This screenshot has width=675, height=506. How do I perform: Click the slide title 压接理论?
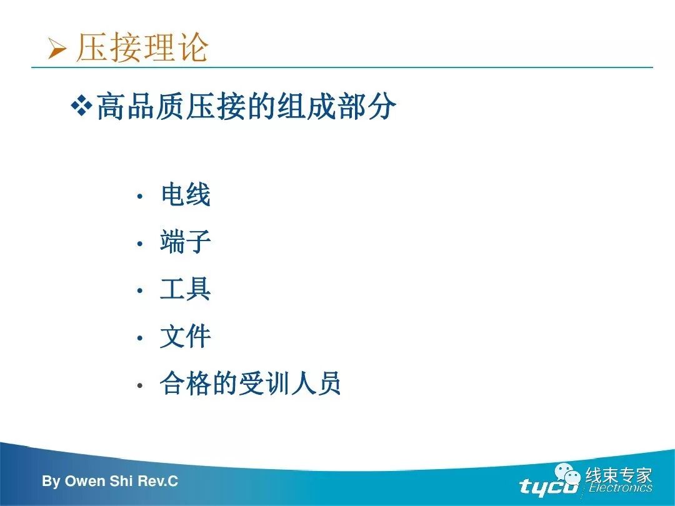(x=142, y=47)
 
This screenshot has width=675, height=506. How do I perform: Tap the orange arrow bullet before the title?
(x=57, y=49)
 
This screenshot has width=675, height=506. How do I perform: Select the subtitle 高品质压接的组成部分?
(x=246, y=108)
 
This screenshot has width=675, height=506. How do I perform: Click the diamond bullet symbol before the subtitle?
(x=81, y=106)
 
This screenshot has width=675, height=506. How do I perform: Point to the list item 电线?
(x=186, y=196)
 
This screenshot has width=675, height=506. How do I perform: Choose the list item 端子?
(x=186, y=242)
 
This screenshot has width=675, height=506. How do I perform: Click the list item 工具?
(x=186, y=290)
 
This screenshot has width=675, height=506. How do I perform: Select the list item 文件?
(x=186, y=337)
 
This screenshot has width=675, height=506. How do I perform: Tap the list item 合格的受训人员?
(x=251, y=384)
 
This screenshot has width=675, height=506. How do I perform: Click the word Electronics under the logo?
(x=620, y=489)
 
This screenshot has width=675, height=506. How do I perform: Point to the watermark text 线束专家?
(x=619, y=475)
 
